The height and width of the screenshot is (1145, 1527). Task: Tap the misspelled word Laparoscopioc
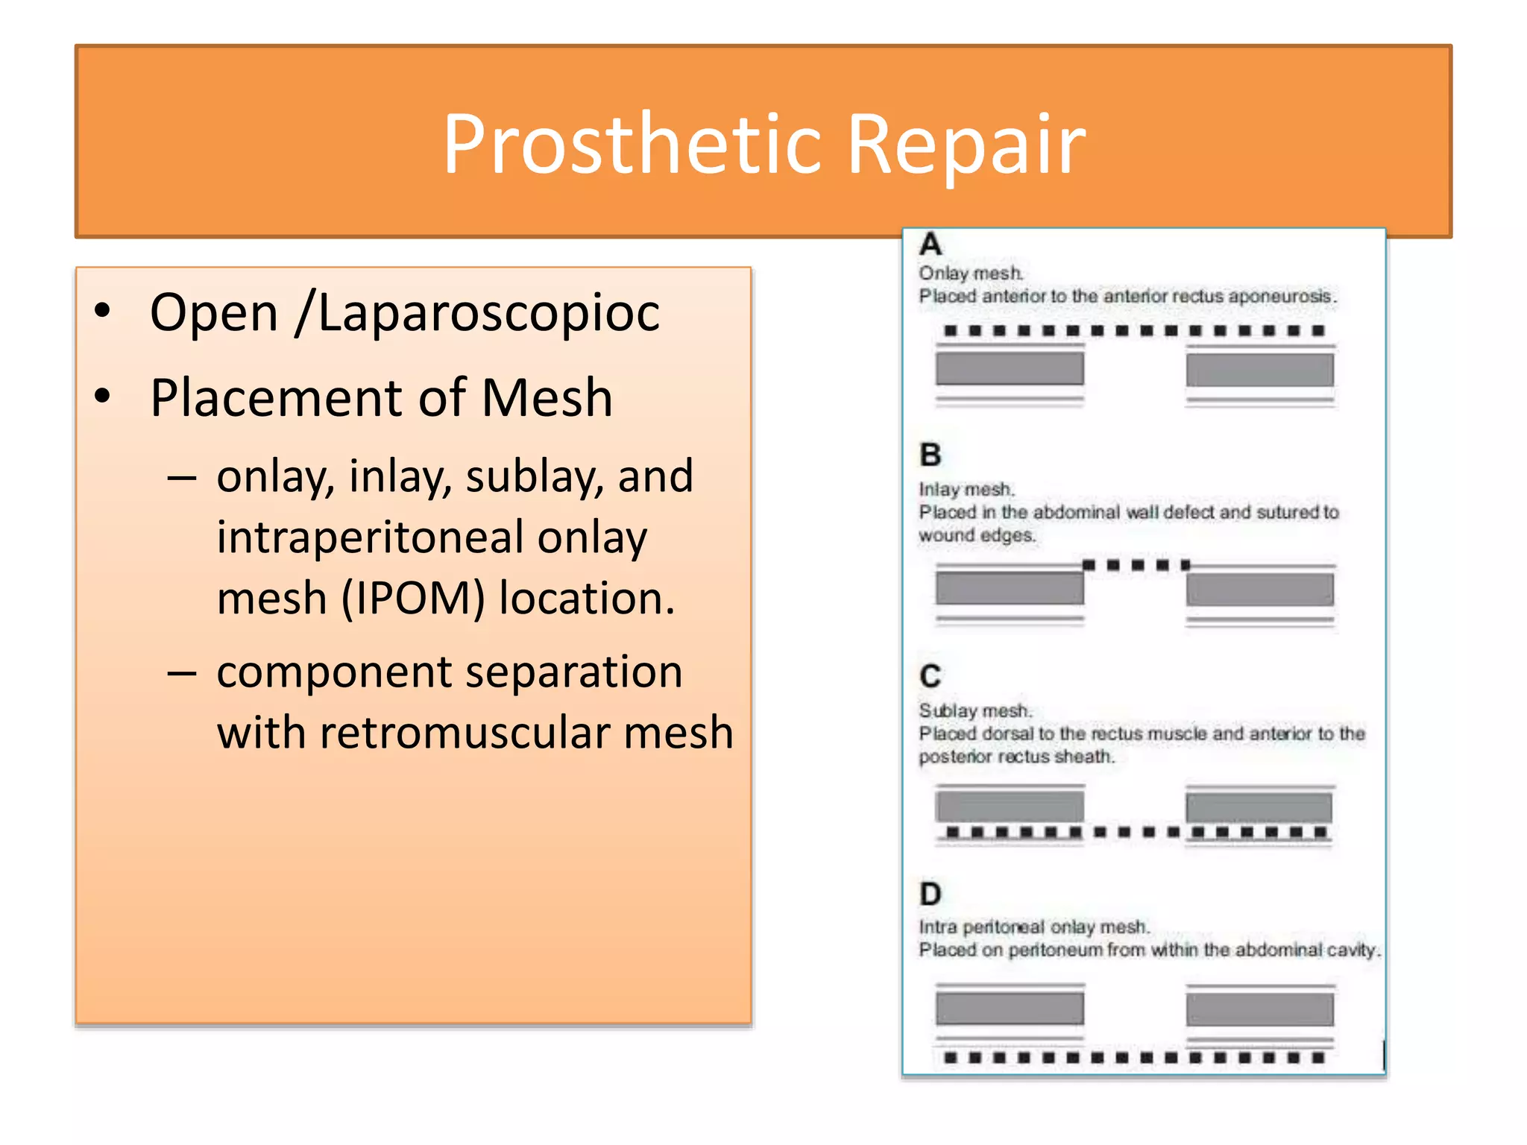click(488, 313)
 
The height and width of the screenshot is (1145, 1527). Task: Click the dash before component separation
click(182, 673)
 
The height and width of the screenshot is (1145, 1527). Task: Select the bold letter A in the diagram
click(931, 245)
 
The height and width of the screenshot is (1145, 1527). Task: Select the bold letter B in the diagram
click(931, 455)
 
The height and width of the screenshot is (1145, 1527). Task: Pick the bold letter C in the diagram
click(931, 676)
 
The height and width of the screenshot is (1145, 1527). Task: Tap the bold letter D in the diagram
click(931, 894)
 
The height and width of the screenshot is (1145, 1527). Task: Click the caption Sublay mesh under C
click(975, 710)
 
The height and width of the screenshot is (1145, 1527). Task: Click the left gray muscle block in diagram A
click(1010, 369)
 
